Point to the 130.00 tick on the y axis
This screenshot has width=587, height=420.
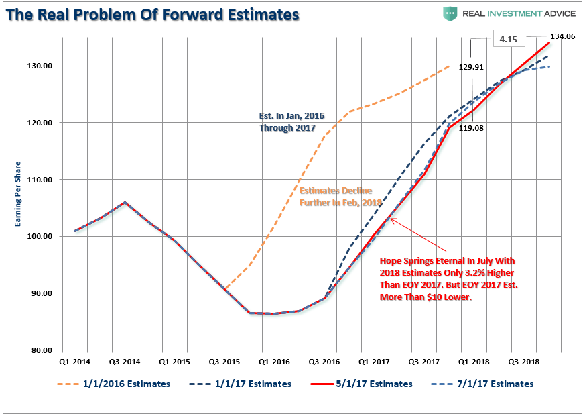click(40, 66)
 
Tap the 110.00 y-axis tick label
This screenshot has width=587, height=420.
click(40, 180)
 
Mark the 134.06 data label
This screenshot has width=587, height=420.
click(562, 37)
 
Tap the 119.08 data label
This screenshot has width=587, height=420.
click(470, 131)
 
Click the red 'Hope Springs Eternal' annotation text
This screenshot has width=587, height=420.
click(448, 278)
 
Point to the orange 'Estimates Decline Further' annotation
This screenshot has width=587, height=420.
click(340, 196)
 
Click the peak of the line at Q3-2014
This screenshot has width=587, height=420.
click(125, 202)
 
